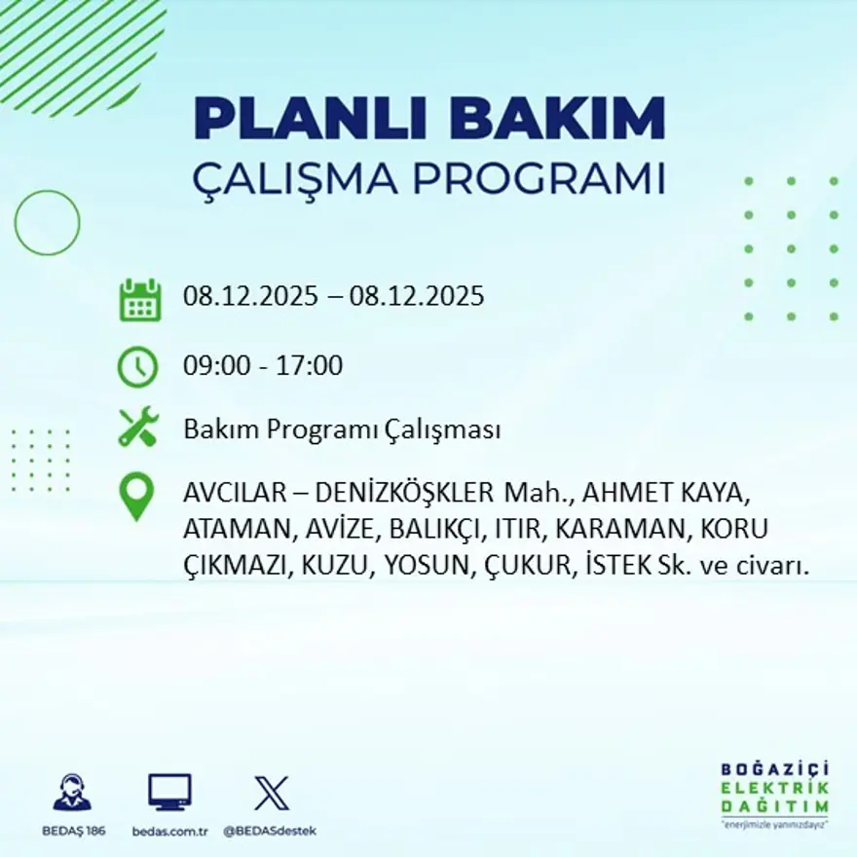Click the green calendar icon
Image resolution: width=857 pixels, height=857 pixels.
coord(139,300)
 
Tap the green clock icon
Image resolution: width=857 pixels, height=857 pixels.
coord(137,367)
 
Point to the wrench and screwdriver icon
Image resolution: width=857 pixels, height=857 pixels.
coord(137,428)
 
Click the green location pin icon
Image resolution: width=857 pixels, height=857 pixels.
coord(136,495)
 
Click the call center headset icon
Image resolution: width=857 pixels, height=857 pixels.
coord(72,794)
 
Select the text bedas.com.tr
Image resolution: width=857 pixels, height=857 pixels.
coord(170,831)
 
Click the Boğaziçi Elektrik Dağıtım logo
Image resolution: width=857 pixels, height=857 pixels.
coord(774,794)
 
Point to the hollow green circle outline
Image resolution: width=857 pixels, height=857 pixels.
coord(47,223)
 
